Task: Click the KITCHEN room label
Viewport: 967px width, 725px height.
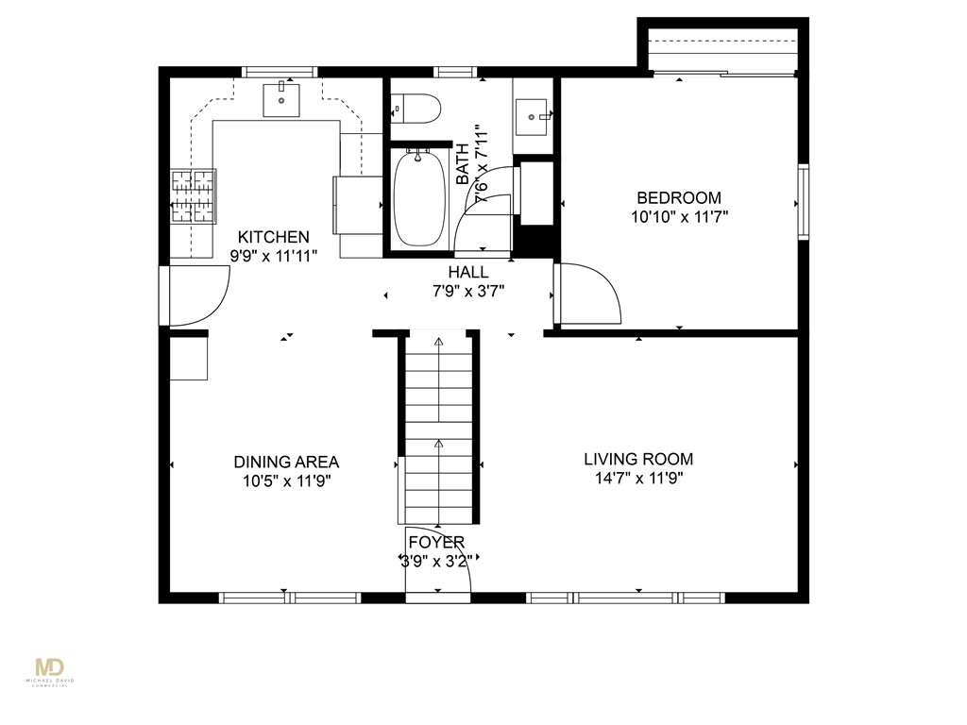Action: coord(273,237)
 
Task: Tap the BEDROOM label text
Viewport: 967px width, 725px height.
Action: coord(679,198)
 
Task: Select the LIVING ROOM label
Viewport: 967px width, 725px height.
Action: coord(638,460)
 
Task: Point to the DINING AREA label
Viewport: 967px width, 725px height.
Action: coord(286,462)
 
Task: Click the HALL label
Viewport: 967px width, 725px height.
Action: coord(468,272)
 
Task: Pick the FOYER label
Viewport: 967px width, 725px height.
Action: coord(436,543)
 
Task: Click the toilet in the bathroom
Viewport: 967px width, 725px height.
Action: coord(416,110)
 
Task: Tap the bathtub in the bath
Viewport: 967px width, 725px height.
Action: coord(419,197)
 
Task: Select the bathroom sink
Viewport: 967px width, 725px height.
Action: coord(532,116)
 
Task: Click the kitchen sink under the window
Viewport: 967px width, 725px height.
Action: coord(281,100)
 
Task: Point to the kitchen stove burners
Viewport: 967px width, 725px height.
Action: coord(193,196)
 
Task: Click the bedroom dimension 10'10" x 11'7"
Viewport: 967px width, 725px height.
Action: coord(680,217)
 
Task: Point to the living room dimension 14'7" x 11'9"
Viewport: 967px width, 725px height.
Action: coord(639,479)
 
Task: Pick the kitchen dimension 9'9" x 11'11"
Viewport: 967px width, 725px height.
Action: coord(274,256)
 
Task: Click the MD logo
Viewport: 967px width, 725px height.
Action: coord(50,667)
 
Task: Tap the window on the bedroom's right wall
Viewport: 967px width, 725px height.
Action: coord(803,201)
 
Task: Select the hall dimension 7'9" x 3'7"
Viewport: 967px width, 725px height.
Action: coord(468,291)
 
